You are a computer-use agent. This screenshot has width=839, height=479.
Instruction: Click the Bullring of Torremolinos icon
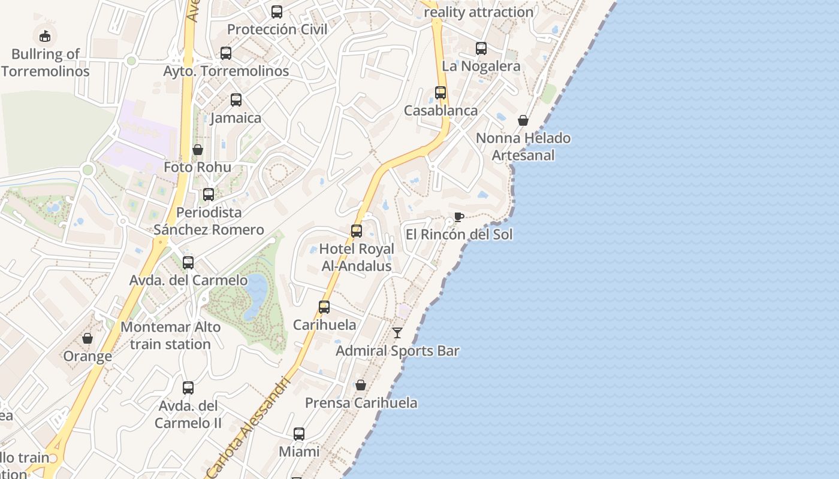pos(45,36)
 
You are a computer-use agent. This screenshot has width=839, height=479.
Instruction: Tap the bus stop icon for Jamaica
pos(236,100)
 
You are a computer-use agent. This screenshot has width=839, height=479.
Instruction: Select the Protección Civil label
pos(277,29)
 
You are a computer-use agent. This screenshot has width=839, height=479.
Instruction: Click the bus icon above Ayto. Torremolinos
pos(226,53)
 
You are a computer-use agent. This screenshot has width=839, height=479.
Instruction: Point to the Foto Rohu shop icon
pos(198,149)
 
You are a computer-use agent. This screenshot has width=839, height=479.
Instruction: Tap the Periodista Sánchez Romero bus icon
pos(209,195)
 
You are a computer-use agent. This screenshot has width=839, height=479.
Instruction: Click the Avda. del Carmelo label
pos(188,280)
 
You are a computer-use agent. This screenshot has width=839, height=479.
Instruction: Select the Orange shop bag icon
pos(87,338)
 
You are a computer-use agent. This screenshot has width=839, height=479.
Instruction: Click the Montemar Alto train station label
pos(170,335)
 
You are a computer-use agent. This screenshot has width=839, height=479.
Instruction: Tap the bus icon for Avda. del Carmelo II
pos(188,388)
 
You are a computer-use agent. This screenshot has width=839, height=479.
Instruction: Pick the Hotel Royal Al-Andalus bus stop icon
pos(357,231)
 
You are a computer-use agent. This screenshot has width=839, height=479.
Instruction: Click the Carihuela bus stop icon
pos(324,307)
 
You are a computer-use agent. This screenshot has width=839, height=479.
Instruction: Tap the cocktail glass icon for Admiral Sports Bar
pos(397,333)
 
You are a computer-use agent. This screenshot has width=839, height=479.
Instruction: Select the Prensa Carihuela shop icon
pos(361,385)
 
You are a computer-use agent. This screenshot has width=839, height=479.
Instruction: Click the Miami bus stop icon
pos(299,434)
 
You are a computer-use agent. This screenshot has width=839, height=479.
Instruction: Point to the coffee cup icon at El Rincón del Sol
pos(459,217)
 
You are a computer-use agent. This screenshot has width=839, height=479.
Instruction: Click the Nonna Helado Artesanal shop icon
pos(523,120)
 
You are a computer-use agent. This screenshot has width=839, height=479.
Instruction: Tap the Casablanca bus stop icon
pos(440,93)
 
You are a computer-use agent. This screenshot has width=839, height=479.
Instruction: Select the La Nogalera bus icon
pos(481,48)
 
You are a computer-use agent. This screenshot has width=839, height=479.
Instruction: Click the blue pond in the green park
pos(256,293)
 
